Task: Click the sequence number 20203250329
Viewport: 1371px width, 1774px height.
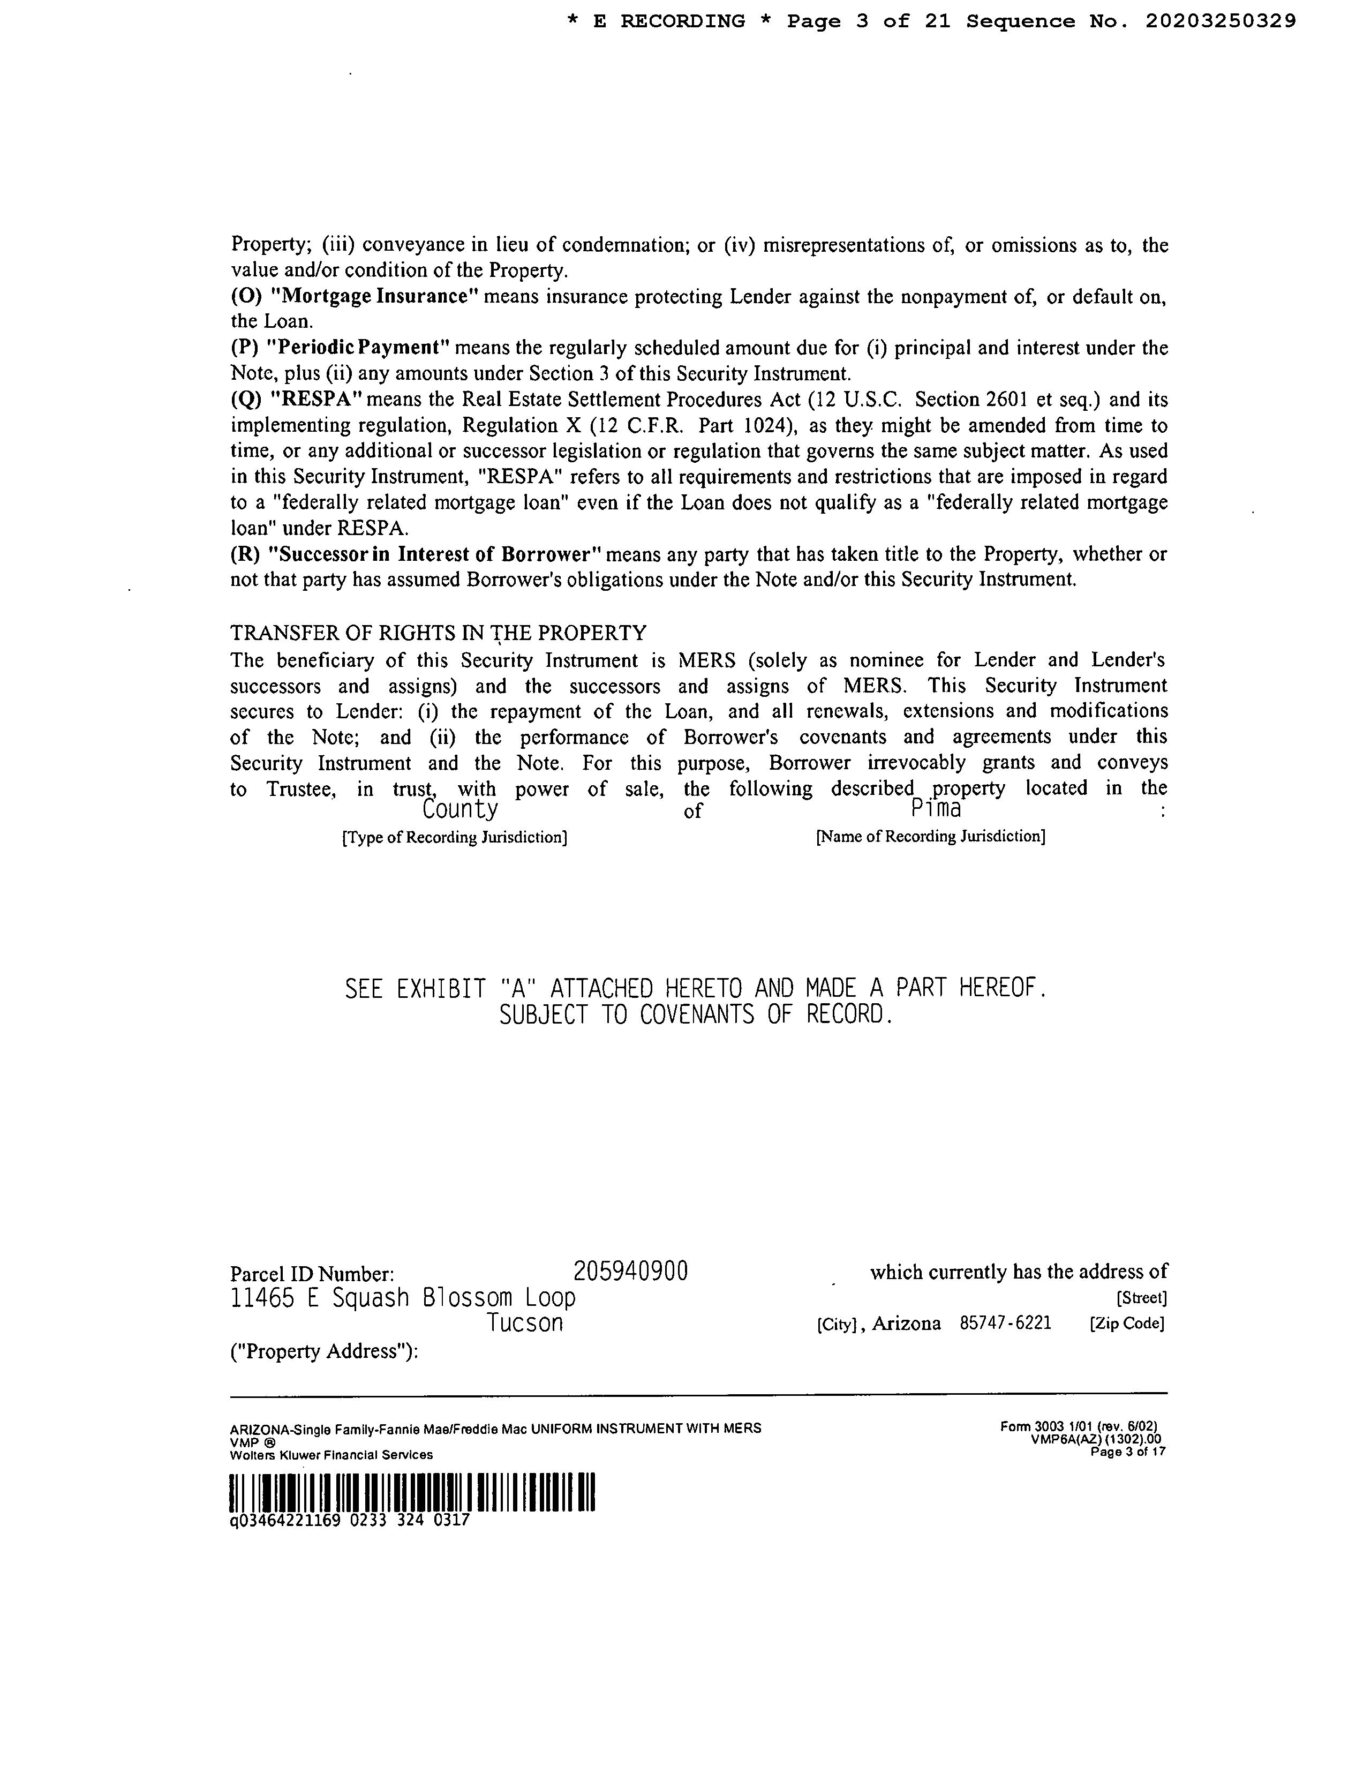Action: click(1221, 22)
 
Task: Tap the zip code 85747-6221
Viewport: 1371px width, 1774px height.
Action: click(1006, 1323)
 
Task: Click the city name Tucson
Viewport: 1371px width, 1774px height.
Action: click(525, 1323)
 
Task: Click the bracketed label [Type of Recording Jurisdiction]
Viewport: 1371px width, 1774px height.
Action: click(454, 837)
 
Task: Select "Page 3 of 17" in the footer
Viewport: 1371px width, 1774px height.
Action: click(1129, 1452)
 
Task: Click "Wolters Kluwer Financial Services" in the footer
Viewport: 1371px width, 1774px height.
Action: click(332, 1455)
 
